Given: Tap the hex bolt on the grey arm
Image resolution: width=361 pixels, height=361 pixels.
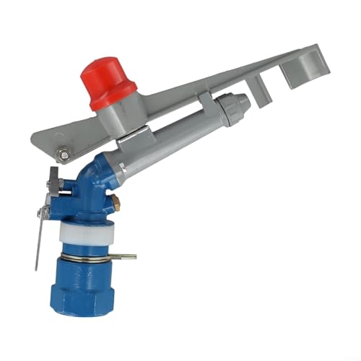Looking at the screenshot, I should point(64,154).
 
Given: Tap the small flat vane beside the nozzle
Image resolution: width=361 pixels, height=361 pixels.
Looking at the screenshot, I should point(261,91).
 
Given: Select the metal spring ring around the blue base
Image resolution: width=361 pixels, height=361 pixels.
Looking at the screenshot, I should point(87,256).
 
